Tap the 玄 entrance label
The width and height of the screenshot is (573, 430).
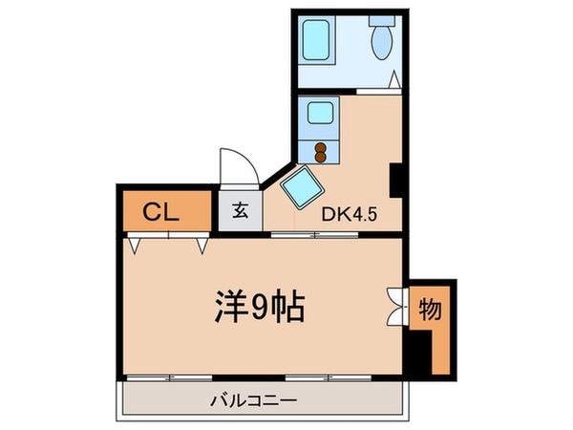coord(240,211)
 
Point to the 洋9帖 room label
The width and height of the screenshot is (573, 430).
coord(258,308)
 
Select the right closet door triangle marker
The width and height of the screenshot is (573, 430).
coord(202,246)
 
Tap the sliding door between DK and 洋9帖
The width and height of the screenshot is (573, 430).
coord(313,234)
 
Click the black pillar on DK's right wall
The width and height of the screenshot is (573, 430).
coord(396,177)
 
